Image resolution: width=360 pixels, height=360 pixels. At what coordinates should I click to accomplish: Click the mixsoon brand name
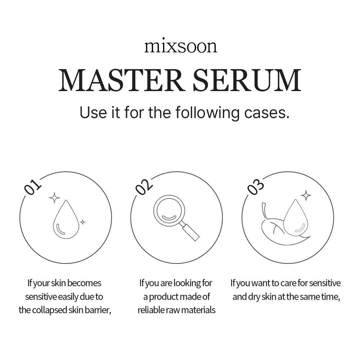[180, 46]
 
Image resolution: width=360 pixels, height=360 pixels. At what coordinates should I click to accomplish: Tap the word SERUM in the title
[247, 80]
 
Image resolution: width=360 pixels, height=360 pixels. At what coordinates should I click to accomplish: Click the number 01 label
[33, 187]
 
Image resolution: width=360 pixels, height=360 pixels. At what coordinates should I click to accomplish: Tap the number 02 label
[144, 187]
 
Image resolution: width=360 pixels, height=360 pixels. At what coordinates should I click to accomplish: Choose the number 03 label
[256, 187]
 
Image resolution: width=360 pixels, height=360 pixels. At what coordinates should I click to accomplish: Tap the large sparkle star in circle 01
[54, 197]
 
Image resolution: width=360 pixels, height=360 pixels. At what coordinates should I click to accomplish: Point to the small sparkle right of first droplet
[82, 222]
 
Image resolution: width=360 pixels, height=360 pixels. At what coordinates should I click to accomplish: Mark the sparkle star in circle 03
[306, 195]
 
